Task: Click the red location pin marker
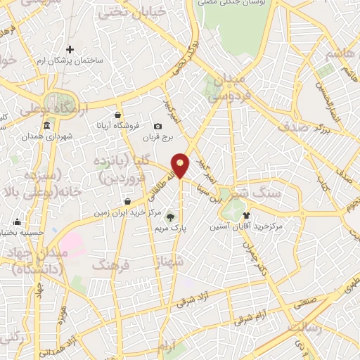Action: [x=181, y=164]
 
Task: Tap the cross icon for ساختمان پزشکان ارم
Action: [x=70, y=49]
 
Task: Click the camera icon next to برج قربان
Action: [x=157, y=127]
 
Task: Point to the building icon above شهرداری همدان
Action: [x=46, y=126]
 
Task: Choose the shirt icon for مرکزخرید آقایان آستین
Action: [x=246, y=215]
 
